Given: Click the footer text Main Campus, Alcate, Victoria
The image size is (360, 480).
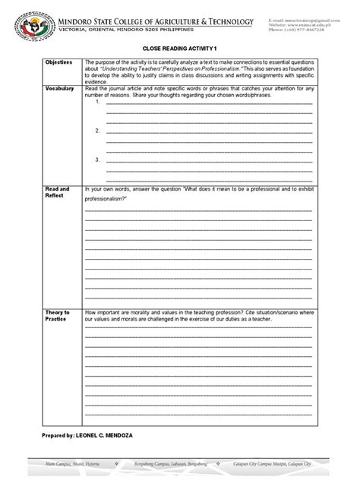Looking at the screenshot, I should pos(73,461).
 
